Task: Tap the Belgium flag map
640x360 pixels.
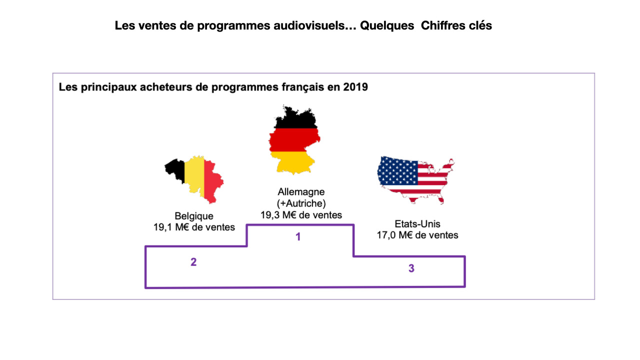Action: (x=195, y=177)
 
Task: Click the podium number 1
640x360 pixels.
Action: (x=298, y=237)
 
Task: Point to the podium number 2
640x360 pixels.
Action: (x=193, y=262)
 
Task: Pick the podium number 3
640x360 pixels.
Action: (x=411, y=268)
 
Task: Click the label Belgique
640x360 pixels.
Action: (x=194, y=216)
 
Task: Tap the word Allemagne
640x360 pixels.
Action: (x=301, y=192)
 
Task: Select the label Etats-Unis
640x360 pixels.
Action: (x=417, y=224)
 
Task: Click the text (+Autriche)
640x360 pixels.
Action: (x=301, y=203)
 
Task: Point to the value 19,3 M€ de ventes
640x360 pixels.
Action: (x=301, y=215)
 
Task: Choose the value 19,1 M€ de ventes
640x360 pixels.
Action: (x=194, y=227)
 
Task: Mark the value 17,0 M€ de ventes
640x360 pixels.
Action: (x=417, y=235)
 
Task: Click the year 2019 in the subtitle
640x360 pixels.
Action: (x=355, y=87)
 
